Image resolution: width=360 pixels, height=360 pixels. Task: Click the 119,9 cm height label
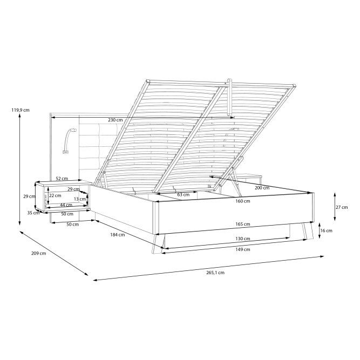pos(21,110)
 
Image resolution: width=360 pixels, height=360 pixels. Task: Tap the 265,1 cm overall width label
pos(215,273)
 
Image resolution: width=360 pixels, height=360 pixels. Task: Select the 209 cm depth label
pos(38,253)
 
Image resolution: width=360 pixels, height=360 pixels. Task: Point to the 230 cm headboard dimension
pos(116,120)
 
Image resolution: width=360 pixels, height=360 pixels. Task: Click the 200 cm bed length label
pos(262,188)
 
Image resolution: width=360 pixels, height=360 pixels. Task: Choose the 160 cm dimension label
pos(243,201)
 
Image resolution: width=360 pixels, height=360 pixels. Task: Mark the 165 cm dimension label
pos(243,224)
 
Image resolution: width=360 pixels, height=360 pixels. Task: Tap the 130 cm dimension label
pos(243,239)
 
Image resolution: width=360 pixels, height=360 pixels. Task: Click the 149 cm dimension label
pos(243,249)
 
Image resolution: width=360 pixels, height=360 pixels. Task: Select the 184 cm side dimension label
pos(118,235)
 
